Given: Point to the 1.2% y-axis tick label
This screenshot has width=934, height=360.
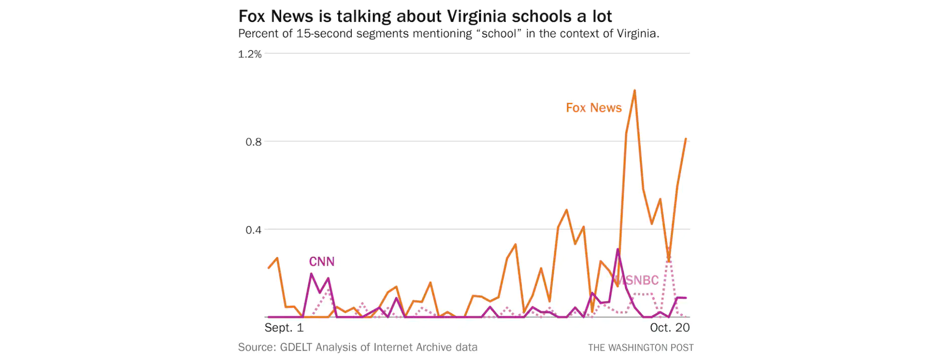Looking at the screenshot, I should pyautogui.click(x=250, y=54).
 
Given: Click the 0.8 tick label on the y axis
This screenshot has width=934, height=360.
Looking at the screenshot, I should pyautogui.click(x=253, y=142).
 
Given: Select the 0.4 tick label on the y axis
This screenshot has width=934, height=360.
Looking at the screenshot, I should pyautogui.click(x=253, y=230).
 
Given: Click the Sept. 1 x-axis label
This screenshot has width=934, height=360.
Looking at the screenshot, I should pyautogui.click(x=284, y=328).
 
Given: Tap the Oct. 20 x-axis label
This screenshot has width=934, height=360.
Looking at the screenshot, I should pyautogui.click(x=670, y=328).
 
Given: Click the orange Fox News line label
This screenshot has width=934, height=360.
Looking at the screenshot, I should pyautogui.click(x=593, y=108).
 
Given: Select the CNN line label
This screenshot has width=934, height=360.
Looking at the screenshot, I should pyautogui.click(x=322, y=262).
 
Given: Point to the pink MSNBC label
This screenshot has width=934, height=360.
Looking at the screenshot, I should pyautogui.click(x=637, y=281).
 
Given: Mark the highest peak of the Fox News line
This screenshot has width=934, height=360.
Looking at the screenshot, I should pyautogui.click(x=634, y=90).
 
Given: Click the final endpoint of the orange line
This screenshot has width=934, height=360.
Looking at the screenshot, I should pyautogui.click(x=686, y=139).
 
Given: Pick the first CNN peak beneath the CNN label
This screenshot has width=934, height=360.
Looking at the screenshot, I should pyautogui.click(x=311, y=274).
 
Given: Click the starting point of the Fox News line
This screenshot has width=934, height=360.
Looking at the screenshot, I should pyautogui.click(x=269, y=268).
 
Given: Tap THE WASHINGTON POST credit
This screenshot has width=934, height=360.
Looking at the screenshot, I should pyautogui.click(x=641, y=348).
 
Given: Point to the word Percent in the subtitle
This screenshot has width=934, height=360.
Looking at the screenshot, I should pyautogui.click(x=256, y=34).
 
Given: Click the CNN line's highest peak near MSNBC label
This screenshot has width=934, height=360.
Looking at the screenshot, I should pyautogui.click(x=617, y=250).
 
